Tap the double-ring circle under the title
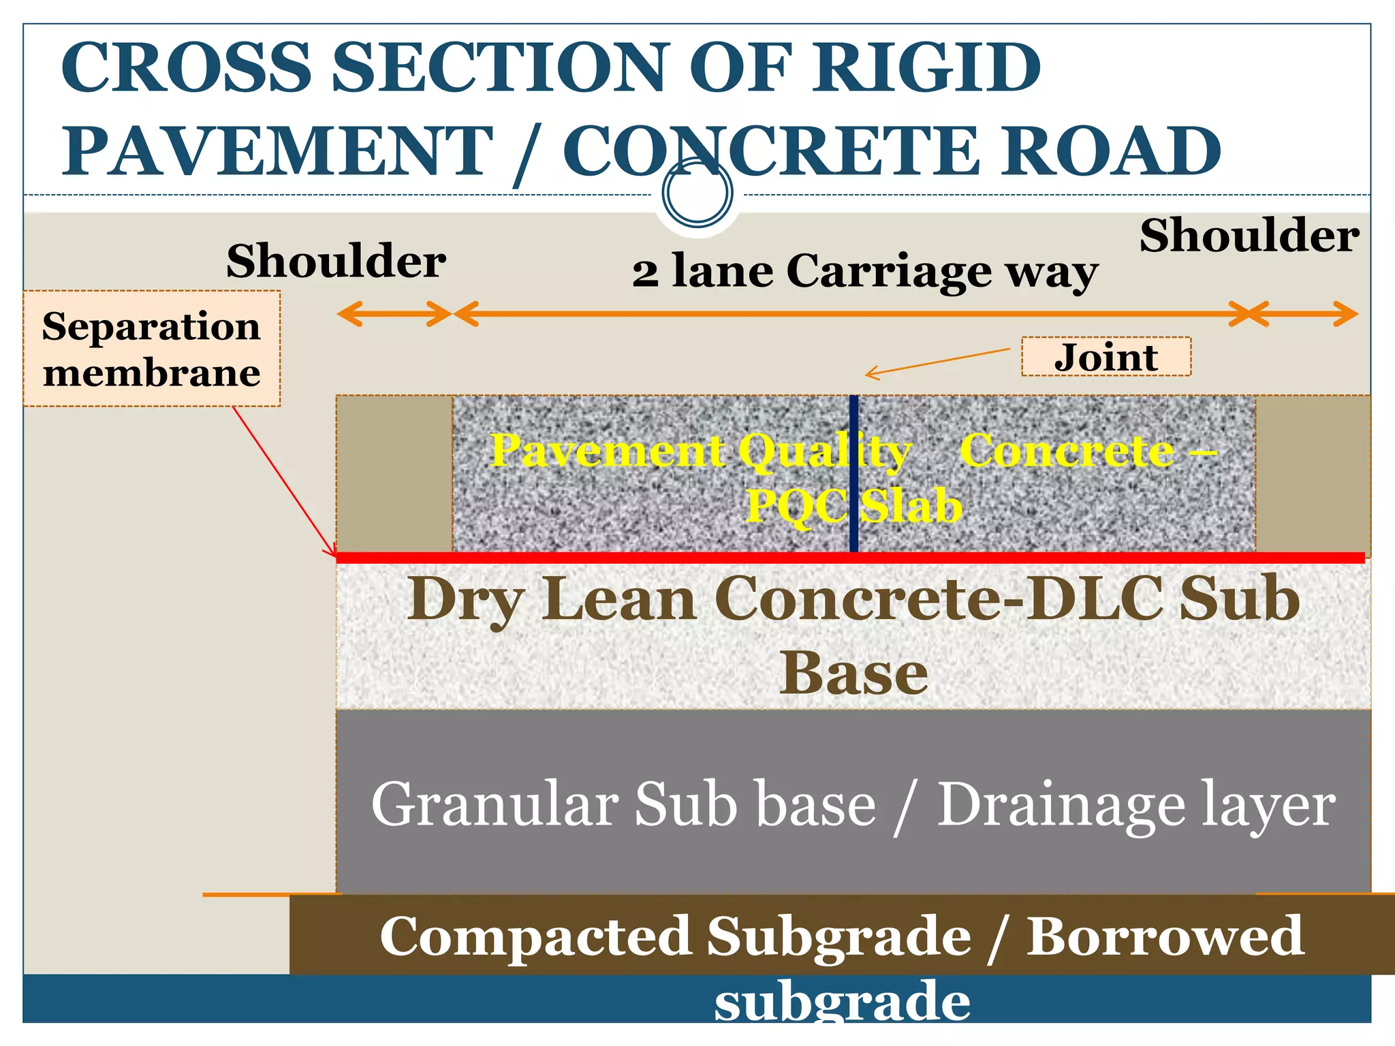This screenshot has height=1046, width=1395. click(x=697, y=192)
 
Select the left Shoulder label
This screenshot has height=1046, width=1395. click(x=336, y=261)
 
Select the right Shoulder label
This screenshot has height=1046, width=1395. click(x=1249, y=236)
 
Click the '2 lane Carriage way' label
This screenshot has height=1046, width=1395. click(x=865, y=272)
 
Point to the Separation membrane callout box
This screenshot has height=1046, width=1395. click(x=151, y=349)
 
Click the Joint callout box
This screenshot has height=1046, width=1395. click(x=1106, y=357)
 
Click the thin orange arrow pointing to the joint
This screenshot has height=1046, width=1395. click(x=939, y=362)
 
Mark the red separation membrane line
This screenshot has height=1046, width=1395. click(x=749, y=558)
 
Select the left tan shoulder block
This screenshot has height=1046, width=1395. click(x=394, y=474)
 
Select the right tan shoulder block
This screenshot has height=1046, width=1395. click(x=1312, y=474)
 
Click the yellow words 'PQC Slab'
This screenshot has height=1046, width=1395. click(x=853, y=506)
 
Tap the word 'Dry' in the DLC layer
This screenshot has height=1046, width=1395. click(x=465, y=600)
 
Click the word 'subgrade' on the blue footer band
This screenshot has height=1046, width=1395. click(x=842, y=1002)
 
